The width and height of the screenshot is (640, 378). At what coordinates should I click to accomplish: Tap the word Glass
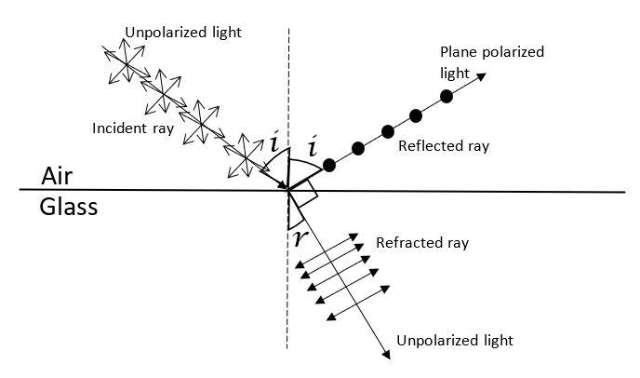pos(69,206)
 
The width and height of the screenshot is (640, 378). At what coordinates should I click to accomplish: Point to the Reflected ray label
pos(443,146)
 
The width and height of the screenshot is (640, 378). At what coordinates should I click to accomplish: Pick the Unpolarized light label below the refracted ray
pos(453,340)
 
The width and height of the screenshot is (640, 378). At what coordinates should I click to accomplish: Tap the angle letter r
pos(297,236)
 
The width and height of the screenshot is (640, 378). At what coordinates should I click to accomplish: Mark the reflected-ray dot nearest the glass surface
pos(328,165)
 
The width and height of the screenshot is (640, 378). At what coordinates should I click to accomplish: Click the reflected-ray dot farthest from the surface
pos(447,96)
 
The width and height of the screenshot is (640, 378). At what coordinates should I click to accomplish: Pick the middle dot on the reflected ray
pos(386,129)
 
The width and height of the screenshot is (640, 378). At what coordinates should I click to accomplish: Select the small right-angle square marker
pos(303,195)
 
